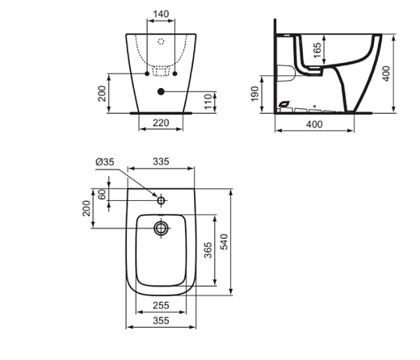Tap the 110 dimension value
tap(207, 100)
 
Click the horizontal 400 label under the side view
tap(313, 124)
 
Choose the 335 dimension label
tap(162, 162)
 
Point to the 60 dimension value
tap(103, 195)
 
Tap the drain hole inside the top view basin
tap(162, 229)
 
